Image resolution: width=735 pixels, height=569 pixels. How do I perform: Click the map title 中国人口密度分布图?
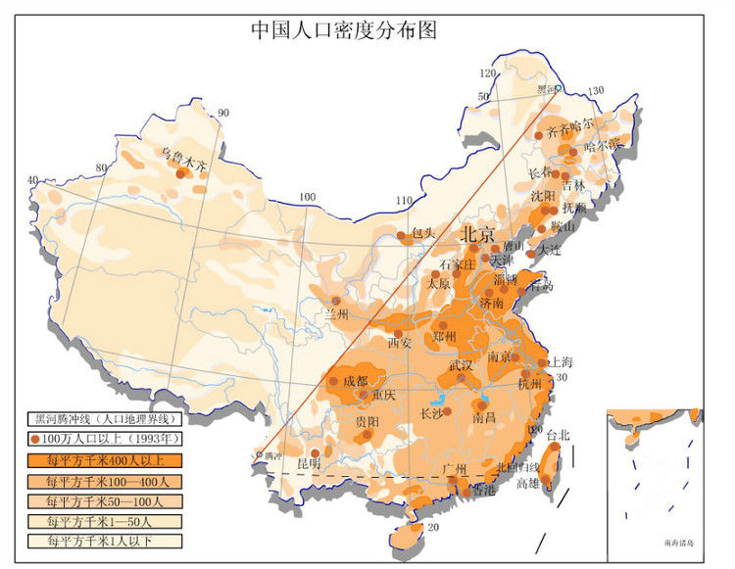tap(342, 29)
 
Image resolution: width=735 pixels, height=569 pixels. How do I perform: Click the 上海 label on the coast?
tap(562, 361)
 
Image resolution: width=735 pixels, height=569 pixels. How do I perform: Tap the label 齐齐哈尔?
tap(570, 127)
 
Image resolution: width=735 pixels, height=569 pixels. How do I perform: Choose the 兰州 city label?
tap(337, 314)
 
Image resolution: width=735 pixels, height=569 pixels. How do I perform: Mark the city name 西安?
tap(400, 344)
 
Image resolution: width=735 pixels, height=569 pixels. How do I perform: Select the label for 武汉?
tap(461, 364)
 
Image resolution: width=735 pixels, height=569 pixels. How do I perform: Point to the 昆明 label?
tap(310, 461)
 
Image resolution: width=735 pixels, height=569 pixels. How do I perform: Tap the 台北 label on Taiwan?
tap(558, 435)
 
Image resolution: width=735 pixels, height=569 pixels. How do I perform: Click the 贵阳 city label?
tap(367, 421)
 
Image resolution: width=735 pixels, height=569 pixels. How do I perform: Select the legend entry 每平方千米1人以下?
tap(108, 541)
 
